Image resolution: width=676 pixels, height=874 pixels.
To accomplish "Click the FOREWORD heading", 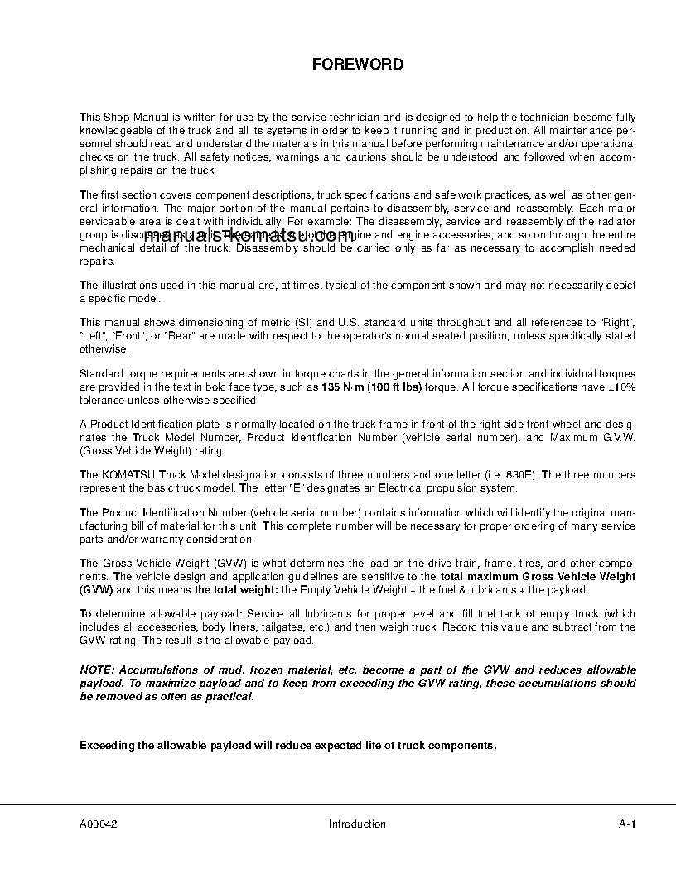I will click(357, 65).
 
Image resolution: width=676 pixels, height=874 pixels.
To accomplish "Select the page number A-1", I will click(627, 824).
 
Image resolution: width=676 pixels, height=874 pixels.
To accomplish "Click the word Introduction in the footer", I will click(357, 824).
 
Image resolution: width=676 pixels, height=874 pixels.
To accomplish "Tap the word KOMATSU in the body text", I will click(128, 475).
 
